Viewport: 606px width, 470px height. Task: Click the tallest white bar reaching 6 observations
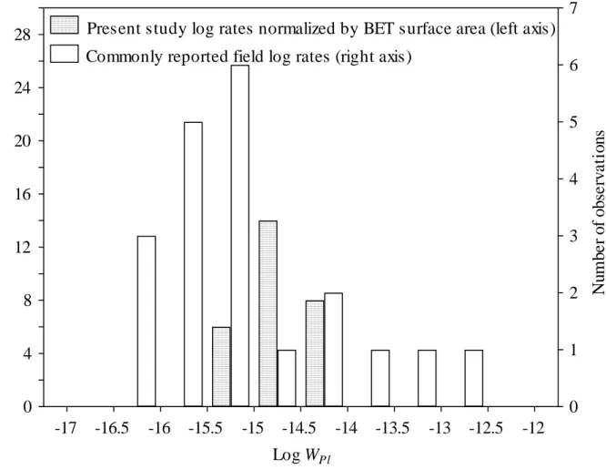[240, 236]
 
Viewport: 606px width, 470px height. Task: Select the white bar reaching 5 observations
[193, 264]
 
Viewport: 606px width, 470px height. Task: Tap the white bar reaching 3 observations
[146, 321]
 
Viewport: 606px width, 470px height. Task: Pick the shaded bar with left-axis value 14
[268, 313]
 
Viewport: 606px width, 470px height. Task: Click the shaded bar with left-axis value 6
[221, 367]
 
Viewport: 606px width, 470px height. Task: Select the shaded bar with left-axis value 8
[315, 353]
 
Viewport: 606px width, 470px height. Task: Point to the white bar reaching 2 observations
[334, 350]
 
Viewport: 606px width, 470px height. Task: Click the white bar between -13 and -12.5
[474, 378]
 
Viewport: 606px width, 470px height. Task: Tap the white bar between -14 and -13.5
[380, 378]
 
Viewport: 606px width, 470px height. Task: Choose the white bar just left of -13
[427, 378]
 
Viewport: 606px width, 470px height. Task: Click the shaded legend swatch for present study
[65, 26]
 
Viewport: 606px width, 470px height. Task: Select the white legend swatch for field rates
[65, 54]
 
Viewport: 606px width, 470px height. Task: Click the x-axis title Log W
[303, 455]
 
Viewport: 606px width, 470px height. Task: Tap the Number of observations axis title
[599, 213]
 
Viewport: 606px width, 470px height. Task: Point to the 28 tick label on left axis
[22, 35]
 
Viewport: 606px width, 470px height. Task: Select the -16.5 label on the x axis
[112, 428]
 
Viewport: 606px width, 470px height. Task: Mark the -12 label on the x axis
[533, 428]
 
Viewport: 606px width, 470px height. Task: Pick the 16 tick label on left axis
[22, 194]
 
